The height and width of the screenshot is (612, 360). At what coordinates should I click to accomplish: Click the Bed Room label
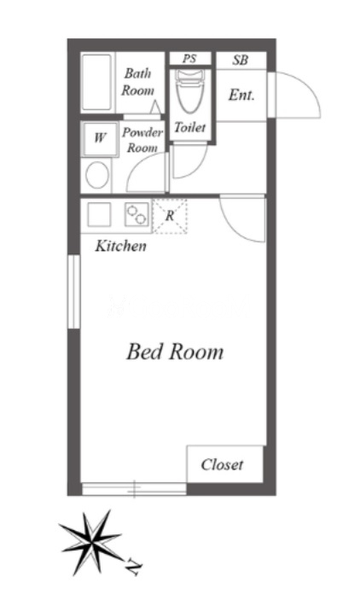point(175,352)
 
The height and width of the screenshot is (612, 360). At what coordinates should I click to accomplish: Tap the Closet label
point(222,464)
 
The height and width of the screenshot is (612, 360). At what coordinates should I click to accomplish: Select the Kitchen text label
point(121,246)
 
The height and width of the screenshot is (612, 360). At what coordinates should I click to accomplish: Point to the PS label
point(189,59)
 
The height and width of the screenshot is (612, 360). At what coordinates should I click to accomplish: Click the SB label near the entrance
point(241,60)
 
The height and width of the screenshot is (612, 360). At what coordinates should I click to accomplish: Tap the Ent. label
point(241,95)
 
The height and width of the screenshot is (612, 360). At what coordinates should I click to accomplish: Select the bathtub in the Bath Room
point(97,82)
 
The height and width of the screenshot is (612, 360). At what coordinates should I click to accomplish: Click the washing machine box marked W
point(100,138)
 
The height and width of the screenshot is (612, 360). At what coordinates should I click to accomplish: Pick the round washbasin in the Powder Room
point(97,175)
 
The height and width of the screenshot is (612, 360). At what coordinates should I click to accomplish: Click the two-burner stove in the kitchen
point(136,214)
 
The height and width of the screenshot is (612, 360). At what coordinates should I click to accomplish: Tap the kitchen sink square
point(99,214)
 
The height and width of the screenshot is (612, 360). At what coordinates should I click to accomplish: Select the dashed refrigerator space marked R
point(170,216)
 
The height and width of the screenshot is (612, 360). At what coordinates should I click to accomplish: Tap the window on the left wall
point(73,292)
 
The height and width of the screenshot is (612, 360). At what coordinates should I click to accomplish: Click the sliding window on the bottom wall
point(134,489)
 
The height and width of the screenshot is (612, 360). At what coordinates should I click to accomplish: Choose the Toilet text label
point(190,127)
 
